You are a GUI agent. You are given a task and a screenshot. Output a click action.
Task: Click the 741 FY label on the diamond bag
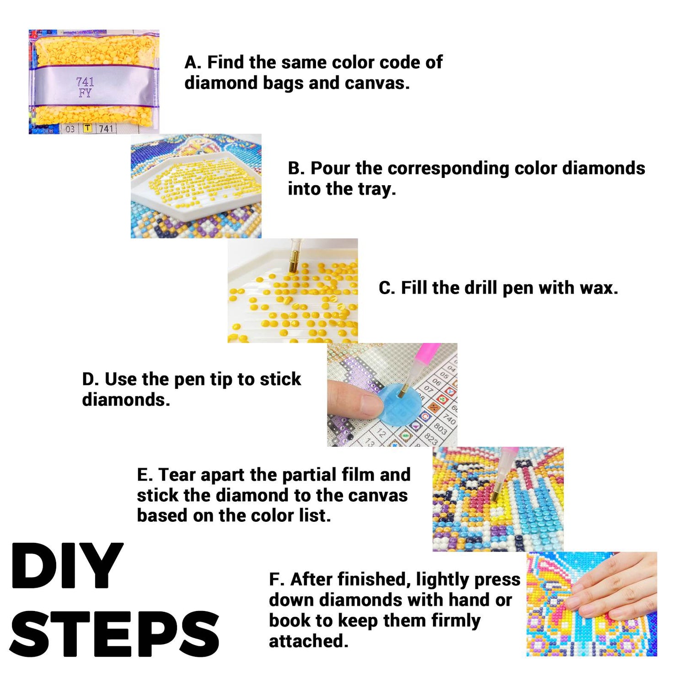pyautogui.click(x=85, y=87)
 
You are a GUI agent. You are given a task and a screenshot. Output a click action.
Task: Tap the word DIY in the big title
pyautogui.click(x=67, y=567)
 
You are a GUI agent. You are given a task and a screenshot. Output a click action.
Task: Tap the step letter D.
pyautogui.click(x=90, y=380)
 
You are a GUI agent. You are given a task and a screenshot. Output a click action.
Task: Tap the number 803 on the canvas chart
pyautogui.click(x=440, y=428)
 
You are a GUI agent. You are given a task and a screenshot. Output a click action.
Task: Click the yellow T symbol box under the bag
pyautogui.click(x=87, y=129)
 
